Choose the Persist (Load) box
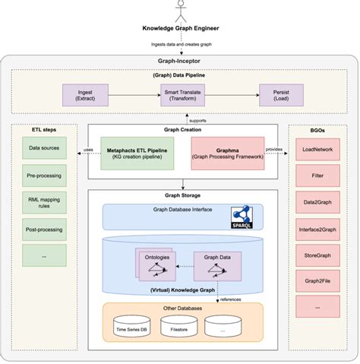[x=281, y=94]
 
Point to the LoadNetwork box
[x=317, y=150]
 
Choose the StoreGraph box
[x=317, y=255]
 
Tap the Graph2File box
[x=317, y=281]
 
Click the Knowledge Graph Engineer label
[x=180, y=30]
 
